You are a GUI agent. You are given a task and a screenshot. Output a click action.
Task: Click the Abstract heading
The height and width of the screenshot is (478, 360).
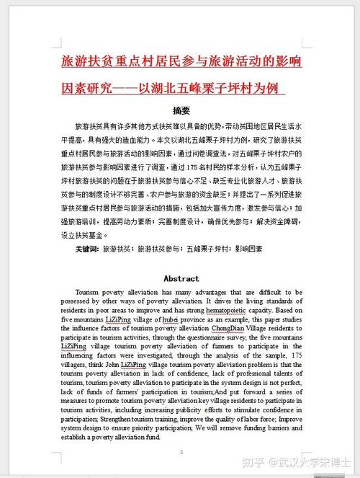click(181, 278)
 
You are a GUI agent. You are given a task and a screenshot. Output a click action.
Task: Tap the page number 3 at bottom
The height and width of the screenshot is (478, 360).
click(181, 452)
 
